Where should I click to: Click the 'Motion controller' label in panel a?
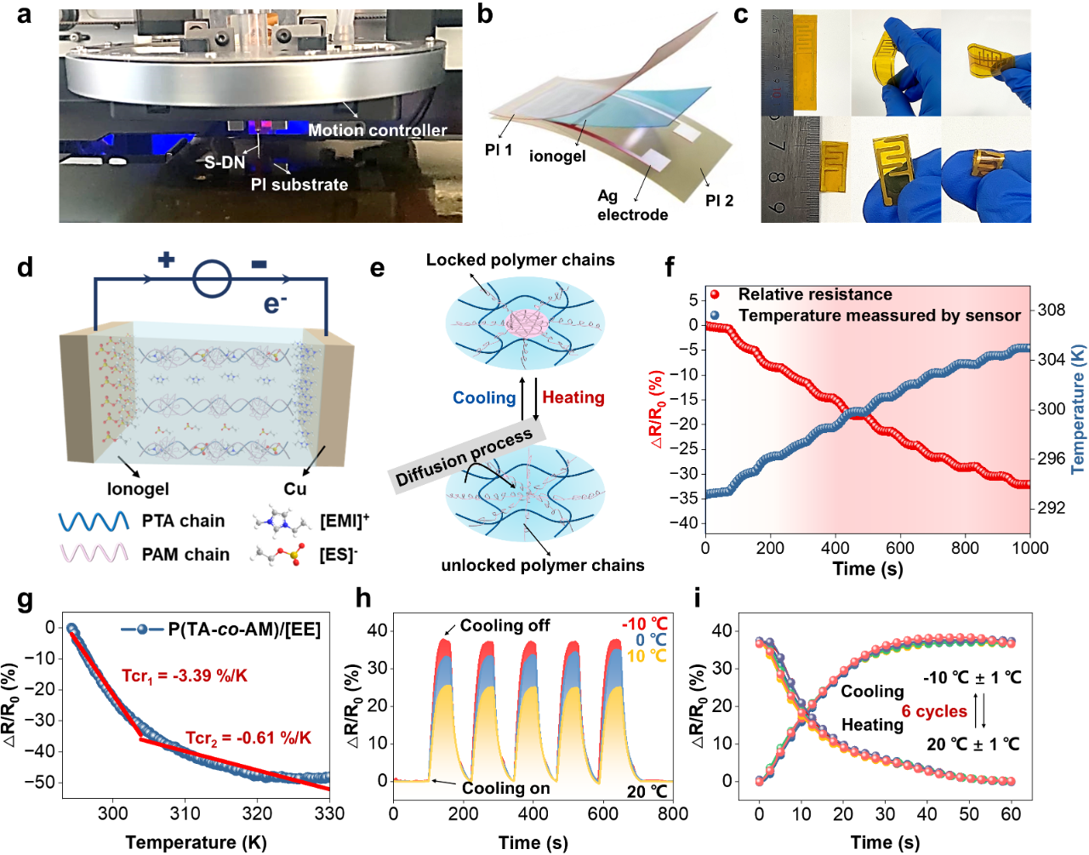(x=377, y=130)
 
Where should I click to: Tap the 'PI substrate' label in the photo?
(x=299, y=185)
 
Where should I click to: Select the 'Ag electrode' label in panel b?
(x=631, y=205)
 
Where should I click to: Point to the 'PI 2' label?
(x=719, y=201)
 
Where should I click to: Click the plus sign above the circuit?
(x=167, y=259)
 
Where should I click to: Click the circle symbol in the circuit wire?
(x=212, y=278)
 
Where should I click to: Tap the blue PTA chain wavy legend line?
(x=94, y=522)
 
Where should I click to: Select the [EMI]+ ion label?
(x=344, y=521)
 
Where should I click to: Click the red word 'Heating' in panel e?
(x=573, y=397)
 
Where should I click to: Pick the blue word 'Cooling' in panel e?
(x=484, y=398)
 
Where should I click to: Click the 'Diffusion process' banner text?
(x=465, y=458)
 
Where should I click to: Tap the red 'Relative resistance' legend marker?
(x=715, y=294)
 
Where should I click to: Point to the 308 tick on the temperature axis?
(x=1052, y=310)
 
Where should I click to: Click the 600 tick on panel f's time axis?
(x=900, y=548)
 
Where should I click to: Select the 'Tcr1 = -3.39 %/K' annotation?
(x=185, y=675)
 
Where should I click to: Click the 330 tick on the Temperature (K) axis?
(x=329, y=813)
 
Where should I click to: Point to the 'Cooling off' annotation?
(x=505, y=626)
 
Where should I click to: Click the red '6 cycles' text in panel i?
(x=934, y=711)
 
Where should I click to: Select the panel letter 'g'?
(x=25, y=600)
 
